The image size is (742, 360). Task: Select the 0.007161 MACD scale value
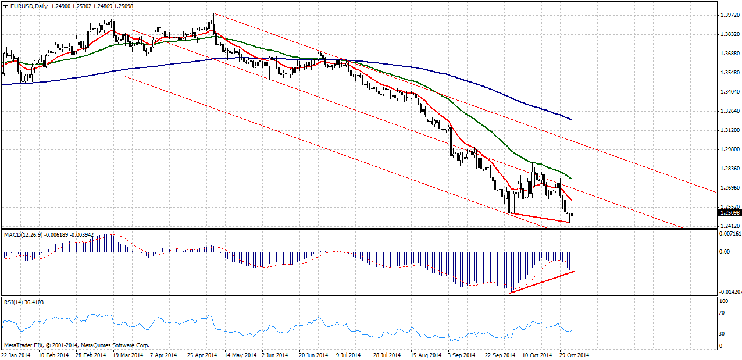[x=730, y=234]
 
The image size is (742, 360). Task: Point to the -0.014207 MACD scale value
[x=730, y=291]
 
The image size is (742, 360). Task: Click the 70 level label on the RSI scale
[x=723, y=313]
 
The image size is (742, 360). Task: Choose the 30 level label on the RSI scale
[x=723, y=333]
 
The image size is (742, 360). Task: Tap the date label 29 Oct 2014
[x=575, y=354]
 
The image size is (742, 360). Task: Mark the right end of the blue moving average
[x=572, y=119]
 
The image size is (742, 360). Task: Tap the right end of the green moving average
[x=572, y=179]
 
